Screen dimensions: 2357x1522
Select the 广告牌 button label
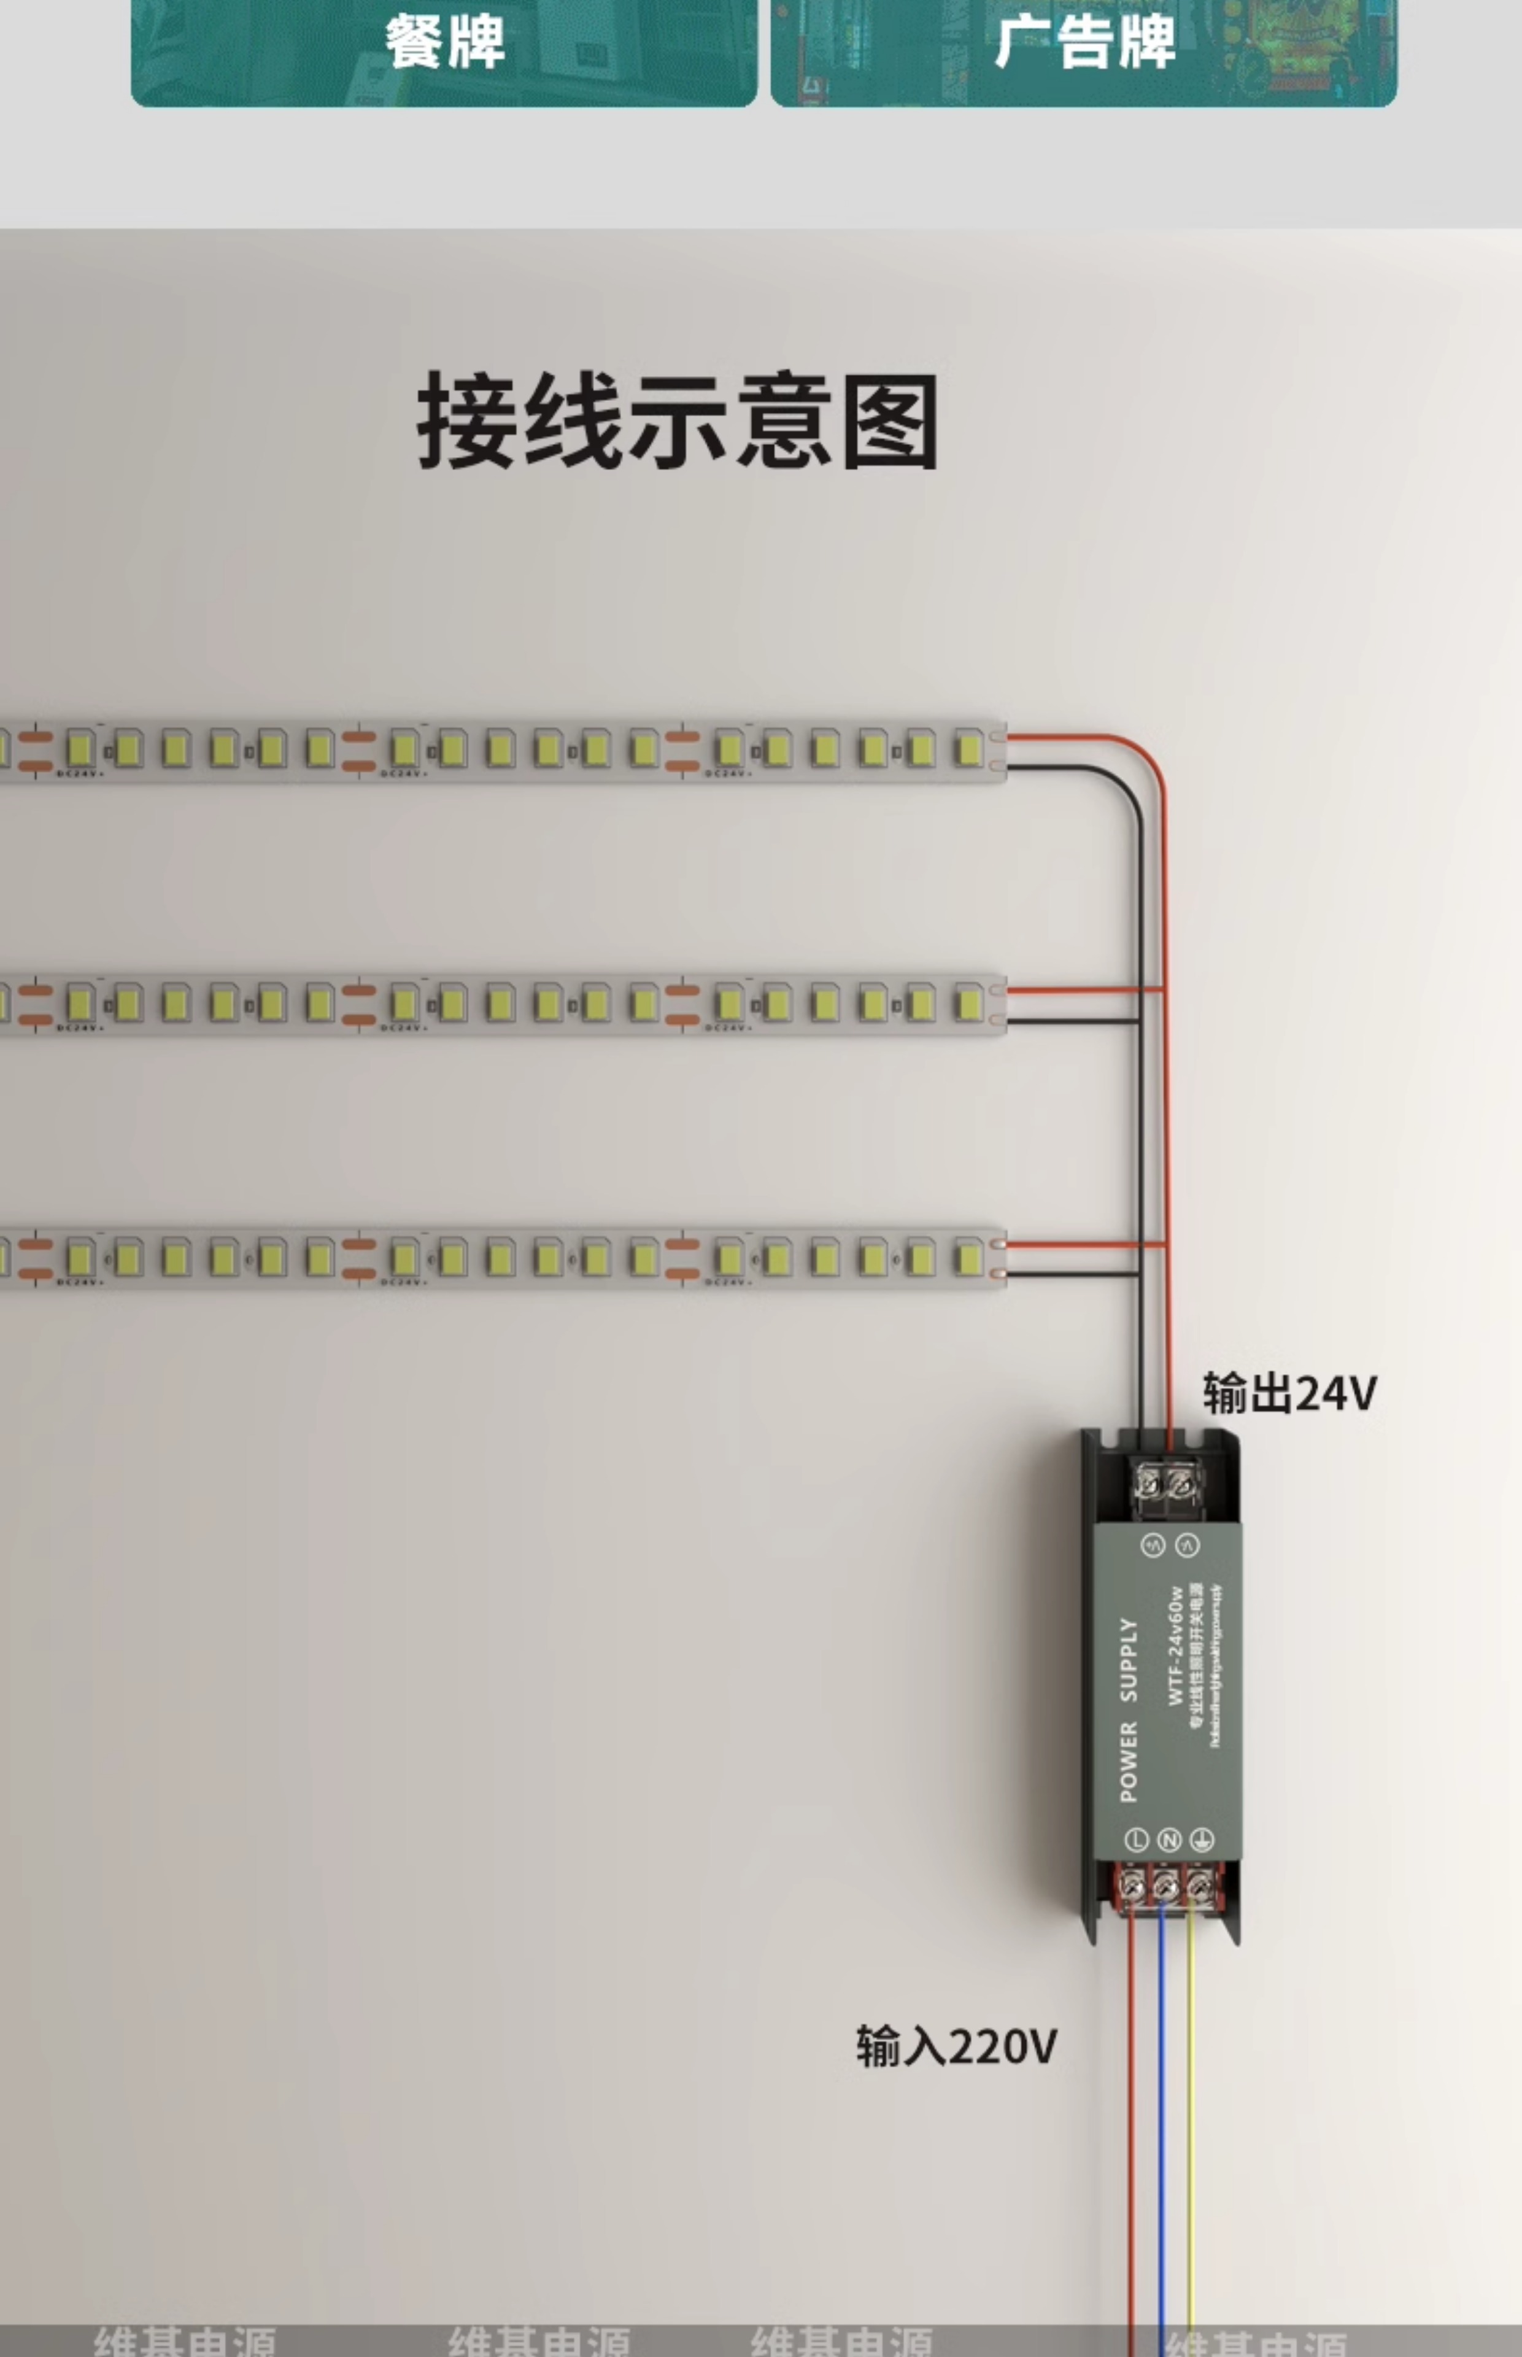(1084, 42)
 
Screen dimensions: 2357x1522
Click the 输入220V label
(956, 2046)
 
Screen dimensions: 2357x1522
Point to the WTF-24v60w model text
(1175, 1646)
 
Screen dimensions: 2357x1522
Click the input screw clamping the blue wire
(1166, 1887)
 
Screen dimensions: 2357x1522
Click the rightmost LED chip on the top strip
(968, 748)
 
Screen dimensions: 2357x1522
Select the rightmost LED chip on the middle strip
(968, 1004)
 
